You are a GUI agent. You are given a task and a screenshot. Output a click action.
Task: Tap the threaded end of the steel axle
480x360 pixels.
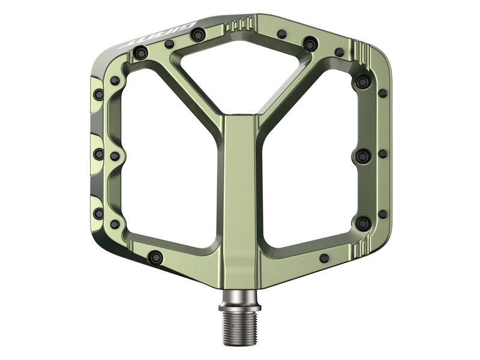(239, 328)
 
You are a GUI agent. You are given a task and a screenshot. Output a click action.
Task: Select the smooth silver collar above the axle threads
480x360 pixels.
(239, 297)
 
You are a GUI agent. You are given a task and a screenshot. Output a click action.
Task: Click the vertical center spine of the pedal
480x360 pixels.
(240, 192)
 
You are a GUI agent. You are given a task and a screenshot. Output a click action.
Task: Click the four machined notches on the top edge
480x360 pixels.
(241, 23)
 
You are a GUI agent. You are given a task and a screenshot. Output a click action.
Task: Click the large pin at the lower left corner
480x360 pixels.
(155, 257)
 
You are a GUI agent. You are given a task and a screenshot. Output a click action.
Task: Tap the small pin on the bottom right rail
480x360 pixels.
(325, 258)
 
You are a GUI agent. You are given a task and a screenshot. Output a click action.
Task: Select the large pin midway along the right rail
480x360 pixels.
(362, 156)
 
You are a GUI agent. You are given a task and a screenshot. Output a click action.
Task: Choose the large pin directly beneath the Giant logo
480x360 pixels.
(141, 54)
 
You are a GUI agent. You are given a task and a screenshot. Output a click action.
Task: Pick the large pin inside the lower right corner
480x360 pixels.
(362, 223)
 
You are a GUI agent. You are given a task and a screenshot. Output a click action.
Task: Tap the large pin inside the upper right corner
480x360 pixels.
(362, 81)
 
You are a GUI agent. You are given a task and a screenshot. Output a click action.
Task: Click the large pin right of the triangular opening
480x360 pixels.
(310, 44)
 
